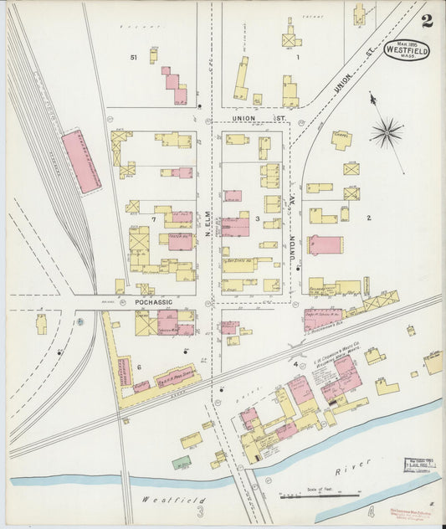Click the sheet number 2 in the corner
[x=427, y=21]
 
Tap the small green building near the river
[x=182, y=461]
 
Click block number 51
[x=133, y=57]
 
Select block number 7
[x=153, y=219]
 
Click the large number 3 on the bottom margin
[x=201, y=511]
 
